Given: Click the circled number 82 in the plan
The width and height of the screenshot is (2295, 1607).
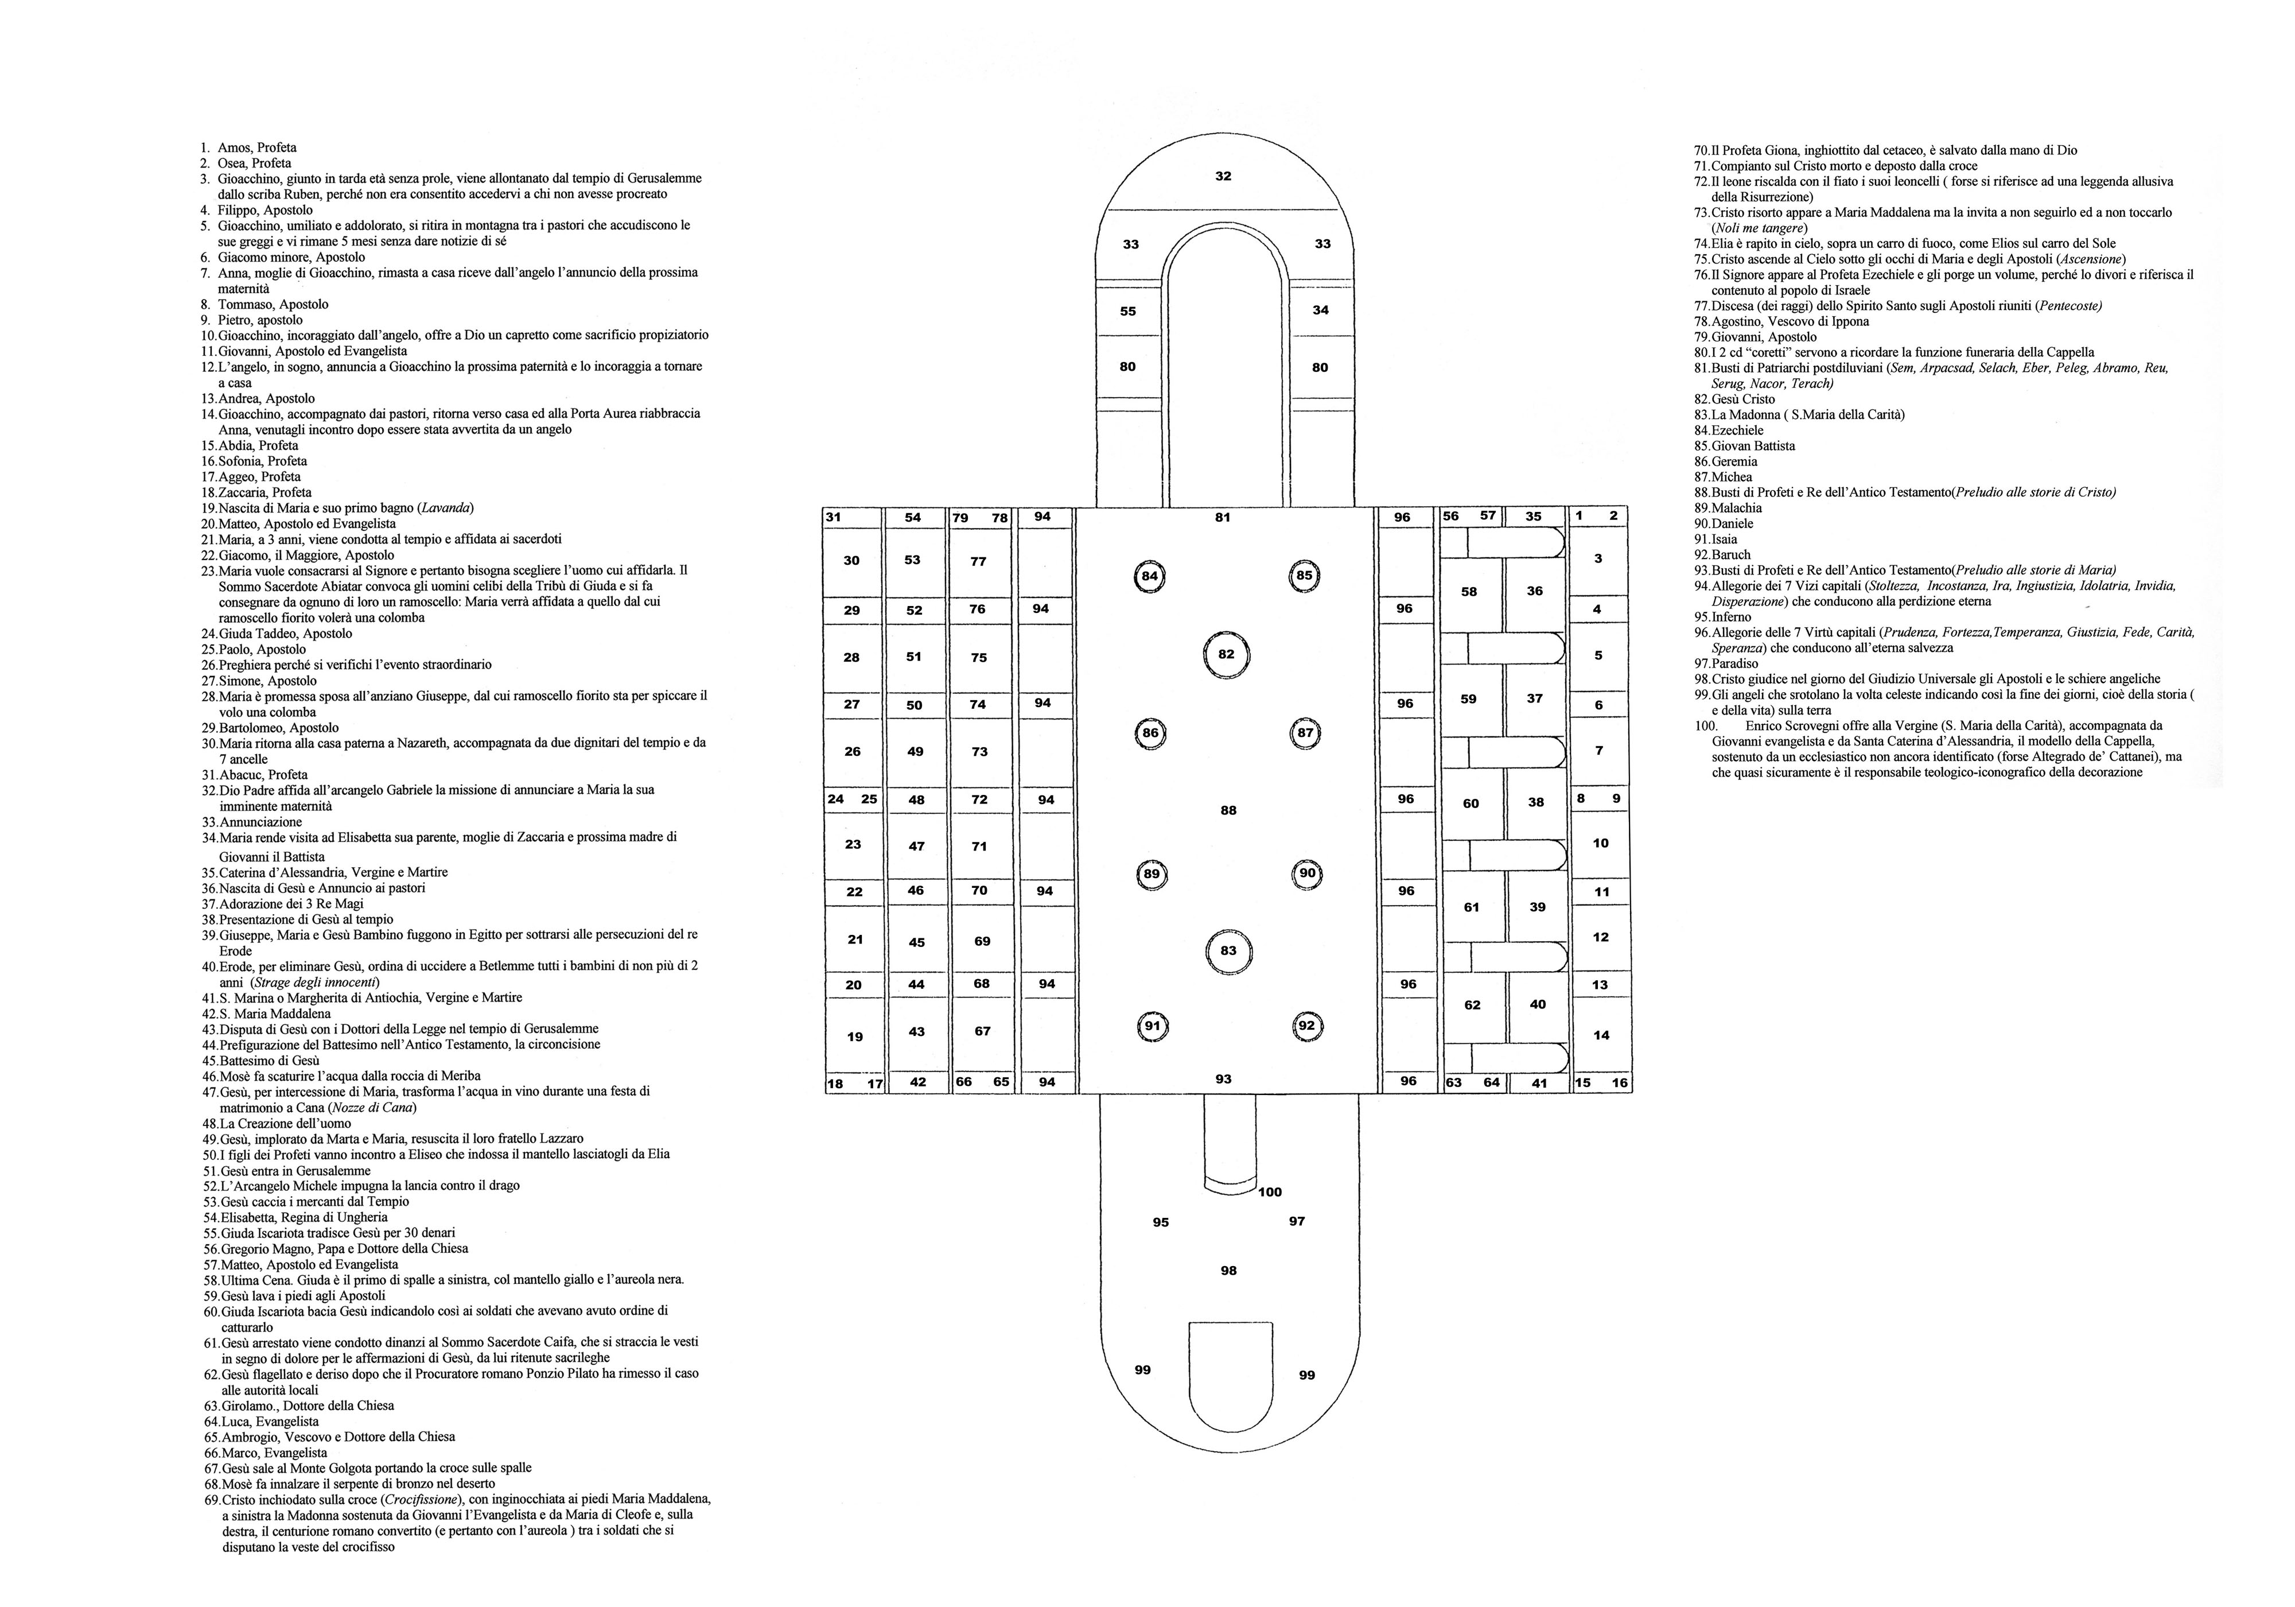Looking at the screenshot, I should pos(1227,655).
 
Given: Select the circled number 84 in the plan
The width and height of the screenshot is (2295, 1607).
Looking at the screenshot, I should pos(1149,577).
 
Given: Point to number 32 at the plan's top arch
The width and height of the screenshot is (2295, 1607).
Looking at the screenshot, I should pos(1223,176).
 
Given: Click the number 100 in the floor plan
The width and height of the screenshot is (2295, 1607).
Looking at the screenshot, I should pos(1270,1192).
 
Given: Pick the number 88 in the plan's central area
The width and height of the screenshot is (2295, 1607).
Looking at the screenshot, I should pos(1228,810).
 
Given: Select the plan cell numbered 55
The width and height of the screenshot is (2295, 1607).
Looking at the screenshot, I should pos(1127,311).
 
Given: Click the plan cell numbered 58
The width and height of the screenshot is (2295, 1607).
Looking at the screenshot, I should pos(1468,592).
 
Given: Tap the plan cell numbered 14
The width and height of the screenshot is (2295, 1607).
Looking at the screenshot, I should pos(1601,1035).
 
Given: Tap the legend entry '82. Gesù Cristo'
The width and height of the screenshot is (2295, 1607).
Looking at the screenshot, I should pos(1734,399).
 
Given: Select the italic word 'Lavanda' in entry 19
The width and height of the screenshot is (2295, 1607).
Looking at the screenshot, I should pos(448,508).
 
